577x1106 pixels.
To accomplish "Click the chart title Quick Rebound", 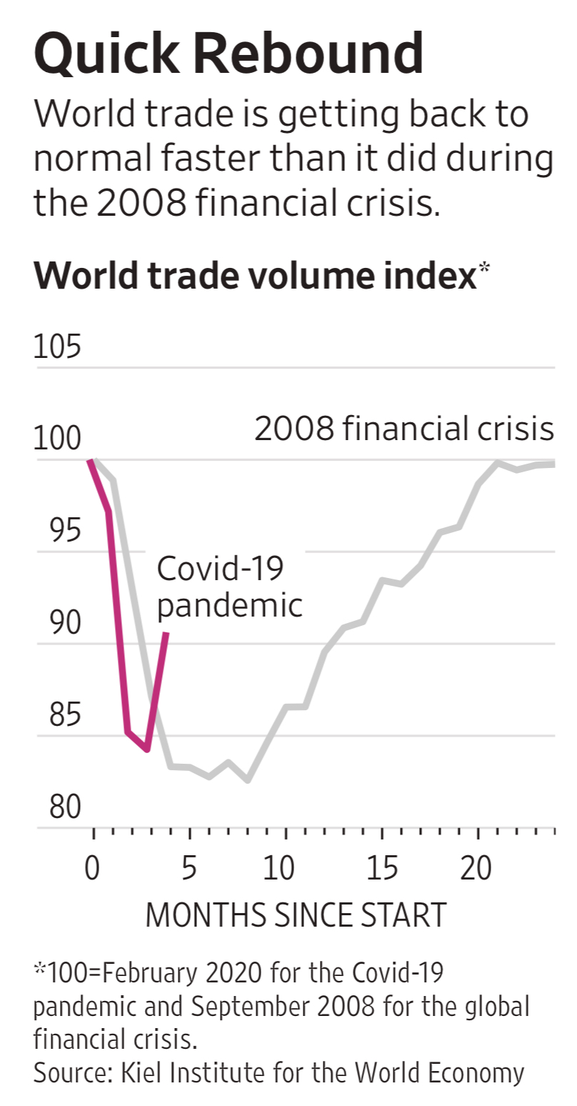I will tap(228, 56).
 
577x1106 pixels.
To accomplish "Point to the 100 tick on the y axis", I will tap(57, 439).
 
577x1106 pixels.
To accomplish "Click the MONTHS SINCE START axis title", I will tap(296, 915).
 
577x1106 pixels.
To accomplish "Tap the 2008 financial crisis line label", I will tap(404, 430).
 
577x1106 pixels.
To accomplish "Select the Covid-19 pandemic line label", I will tap(229, 587).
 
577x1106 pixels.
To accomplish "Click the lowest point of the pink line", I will tap(147, 750).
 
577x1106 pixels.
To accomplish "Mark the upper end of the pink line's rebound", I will tap(166, 634).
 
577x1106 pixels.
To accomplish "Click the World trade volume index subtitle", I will tap(254, 276).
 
